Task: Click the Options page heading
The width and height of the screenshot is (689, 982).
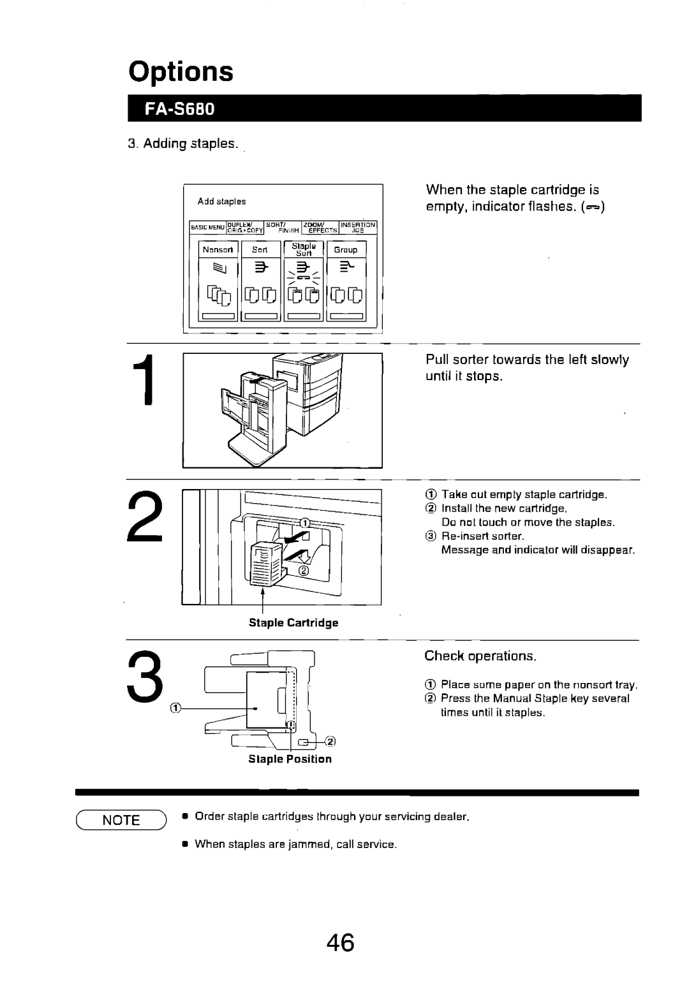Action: (x=181, y=72)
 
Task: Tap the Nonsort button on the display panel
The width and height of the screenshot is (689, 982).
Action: (x=219, y=250)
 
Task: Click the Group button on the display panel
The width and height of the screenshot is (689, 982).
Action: (x=345, y=250)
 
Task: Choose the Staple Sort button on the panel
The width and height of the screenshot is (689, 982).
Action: (x=304, y=249)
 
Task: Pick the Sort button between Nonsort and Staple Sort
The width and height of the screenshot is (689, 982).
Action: (x=259, y=250)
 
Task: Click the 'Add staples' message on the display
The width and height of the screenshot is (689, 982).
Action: (x=221, y=202)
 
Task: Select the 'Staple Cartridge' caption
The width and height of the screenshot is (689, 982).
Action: (x=293, y=622)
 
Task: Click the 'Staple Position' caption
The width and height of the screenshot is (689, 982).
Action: (x=290, y=759)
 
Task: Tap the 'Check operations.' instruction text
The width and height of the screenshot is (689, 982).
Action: (x=481, y=656)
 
